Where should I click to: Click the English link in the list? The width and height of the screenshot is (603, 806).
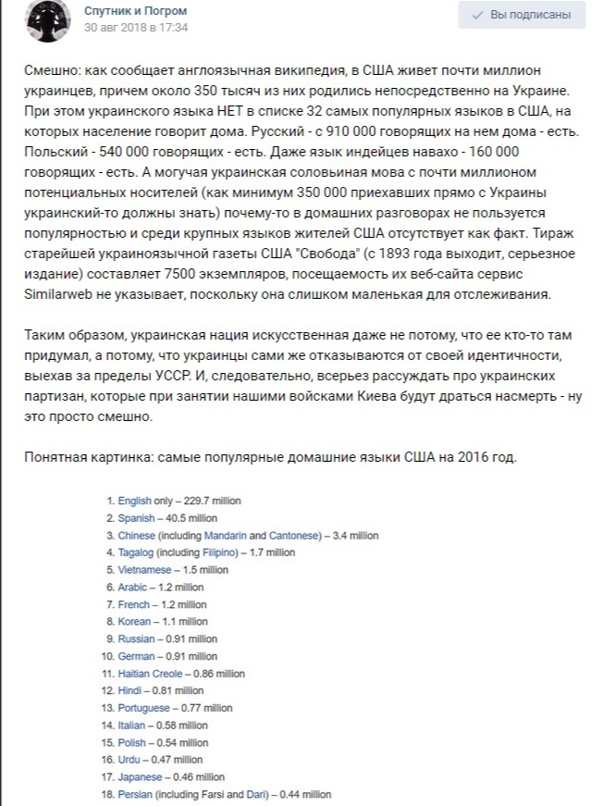[134, 501]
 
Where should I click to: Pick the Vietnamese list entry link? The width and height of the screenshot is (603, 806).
[144, 570]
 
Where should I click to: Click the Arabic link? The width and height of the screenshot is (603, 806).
[132, 587]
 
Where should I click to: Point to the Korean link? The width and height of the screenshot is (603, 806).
[134, 622]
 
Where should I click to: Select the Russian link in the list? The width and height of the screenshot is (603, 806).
[136, 639]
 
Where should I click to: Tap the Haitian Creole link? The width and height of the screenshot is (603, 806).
[150, 674]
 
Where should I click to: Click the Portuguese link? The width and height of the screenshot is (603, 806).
[143, 708]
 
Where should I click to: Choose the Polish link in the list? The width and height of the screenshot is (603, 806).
[132, 742]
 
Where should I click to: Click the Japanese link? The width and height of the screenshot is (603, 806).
[140, 777]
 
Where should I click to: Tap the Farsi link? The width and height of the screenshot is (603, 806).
[212, 794]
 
